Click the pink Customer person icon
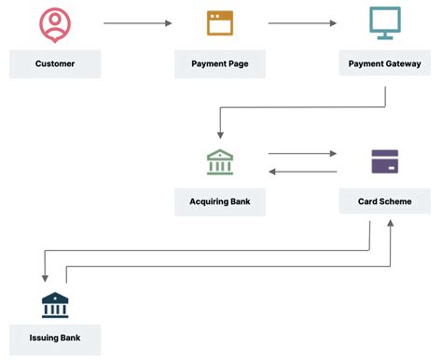(55, 24)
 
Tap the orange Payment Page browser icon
(220, 22)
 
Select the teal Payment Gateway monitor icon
(384, 22)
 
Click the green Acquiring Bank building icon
(220, 161)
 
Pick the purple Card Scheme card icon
(384, 161)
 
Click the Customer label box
(55, 63)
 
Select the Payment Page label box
(220, 63)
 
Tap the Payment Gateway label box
(384, 63)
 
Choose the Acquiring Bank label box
(220, 201)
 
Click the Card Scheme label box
(384, 201)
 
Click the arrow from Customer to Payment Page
(137, 22)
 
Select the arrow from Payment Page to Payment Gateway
(302, 22)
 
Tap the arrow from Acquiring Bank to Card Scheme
(302, 154)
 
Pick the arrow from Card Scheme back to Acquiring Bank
(302, 172)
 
